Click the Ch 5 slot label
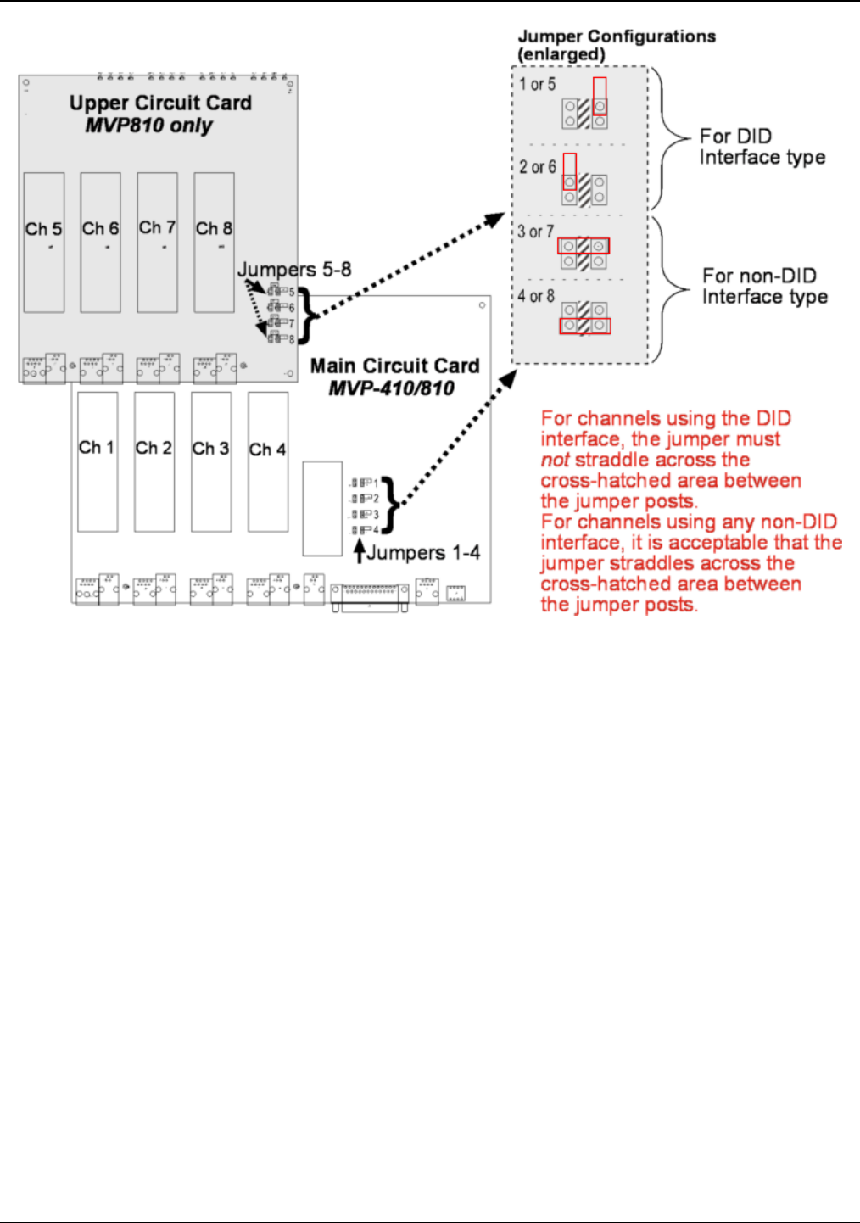[43, 229]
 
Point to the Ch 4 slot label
[267, 450]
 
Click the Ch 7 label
[157, 227]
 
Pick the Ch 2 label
[154, 448]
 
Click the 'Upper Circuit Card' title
[160, 103]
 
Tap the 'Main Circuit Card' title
[394, 366]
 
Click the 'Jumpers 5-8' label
[294, 270]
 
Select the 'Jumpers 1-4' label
[423, 553]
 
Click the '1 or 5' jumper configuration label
[538, 84]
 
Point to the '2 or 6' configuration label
[538, 167]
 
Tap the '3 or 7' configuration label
[536, 232]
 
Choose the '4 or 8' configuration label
[536, 296]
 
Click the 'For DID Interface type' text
[762, 147]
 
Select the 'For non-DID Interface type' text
[764, 287]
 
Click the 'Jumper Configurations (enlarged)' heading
[617, 45]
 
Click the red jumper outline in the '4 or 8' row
[584, 326]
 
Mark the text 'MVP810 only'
[148, 126]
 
